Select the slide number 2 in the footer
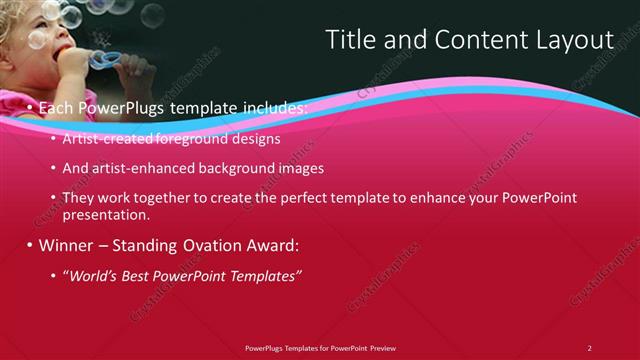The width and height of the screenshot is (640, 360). coord(590,347)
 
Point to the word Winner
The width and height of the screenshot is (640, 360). coord(67,245)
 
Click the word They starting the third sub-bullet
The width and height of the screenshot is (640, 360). coord(79,198)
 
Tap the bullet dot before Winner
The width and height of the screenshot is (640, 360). coord(30,245)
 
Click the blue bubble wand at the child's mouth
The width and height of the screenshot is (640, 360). coord(103,60)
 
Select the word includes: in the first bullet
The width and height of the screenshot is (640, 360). coord(270,107)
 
